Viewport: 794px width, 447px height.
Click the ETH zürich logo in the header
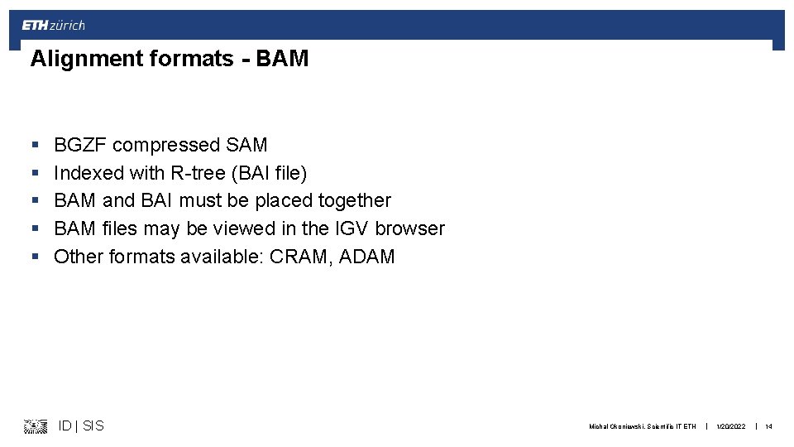[x=53, y=26]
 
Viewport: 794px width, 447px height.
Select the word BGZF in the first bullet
[x=80, y=146]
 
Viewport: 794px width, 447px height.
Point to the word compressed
[x=165, y=146]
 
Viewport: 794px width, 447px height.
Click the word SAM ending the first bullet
[x=246, y=146]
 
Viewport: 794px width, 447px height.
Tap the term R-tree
[x=199, y=174]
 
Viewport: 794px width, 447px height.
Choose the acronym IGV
[x=352, y=228]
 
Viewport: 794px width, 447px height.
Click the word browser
[x=410, y=228]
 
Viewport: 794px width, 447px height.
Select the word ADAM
[x=365, y=257]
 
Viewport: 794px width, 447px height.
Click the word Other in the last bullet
[x=77, y=257]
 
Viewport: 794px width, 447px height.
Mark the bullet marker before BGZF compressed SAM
[x=34, y=146]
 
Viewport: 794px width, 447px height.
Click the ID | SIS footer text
[x=81, y=426]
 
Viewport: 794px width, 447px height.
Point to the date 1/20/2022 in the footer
[x=730, y=427]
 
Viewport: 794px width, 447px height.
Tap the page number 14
[x=768, y=427]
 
